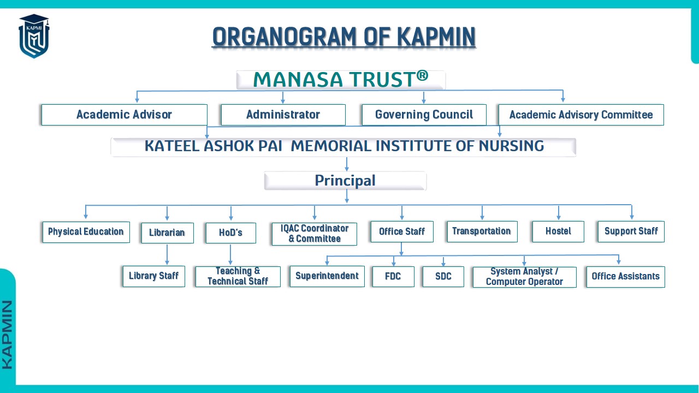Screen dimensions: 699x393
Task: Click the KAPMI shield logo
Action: click(x=34, y=36)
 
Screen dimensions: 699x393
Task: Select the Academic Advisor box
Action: click(x=124, y=115)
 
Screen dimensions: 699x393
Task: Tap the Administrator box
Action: click(x=283, y=115)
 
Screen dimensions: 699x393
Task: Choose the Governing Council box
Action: click(x=424, y=115)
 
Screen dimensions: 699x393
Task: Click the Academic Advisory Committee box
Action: click(x=581, y=115)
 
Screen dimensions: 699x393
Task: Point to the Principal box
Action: click(x=345, y=181)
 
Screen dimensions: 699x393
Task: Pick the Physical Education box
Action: click(x=86, y=232)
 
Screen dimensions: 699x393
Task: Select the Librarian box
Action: click(x=167, y=233)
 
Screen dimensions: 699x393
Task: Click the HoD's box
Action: click(x=230, y=233)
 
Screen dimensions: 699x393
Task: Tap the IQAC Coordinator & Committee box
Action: click(x=314, y=234)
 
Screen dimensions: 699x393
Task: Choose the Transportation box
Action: click(x=482, y=231)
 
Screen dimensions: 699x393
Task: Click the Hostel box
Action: click(x=558, y=231)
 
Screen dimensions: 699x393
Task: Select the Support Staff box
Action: click(x=631, y=231)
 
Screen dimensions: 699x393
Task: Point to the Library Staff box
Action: click(x=154, y=276)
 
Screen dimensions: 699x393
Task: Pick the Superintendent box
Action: click(x=327, y=276)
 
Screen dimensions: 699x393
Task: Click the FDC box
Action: click(x=393, y=276)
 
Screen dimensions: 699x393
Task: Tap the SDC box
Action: click(x=443, y=276)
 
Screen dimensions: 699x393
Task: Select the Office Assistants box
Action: click(x=625, y=277)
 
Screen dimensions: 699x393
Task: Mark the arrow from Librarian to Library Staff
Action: click(x=167, y=254)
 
